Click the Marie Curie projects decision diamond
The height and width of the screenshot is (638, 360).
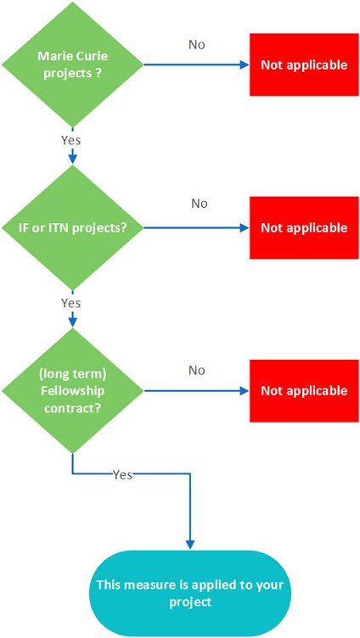tap(72, 64)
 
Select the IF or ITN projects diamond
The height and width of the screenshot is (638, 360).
tap(72, 228)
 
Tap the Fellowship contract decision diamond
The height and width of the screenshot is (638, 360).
tap(72, 390)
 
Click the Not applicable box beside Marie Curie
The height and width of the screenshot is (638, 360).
tap(304, 64)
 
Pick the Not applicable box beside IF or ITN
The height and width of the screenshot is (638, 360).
tap(304, 227)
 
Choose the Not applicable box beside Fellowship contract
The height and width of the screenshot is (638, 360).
tap(304, 390)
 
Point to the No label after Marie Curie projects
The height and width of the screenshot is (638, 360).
tap(197, 45)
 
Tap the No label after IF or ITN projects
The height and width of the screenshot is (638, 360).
tap(200, 203)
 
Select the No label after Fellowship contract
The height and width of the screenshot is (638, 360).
tap(197, 370)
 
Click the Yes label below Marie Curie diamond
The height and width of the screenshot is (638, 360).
tap(70, 140)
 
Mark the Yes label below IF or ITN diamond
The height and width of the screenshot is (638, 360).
tap(70, 303)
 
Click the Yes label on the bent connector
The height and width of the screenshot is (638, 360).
tap(122, 474)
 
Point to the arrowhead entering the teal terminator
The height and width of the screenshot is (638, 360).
tap(190, 546)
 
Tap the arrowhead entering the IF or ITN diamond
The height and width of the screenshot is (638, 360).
tap(72, 159)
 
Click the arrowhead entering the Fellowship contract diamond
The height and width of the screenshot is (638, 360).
tap(72, 322)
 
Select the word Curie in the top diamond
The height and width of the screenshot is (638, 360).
tap(95, 56)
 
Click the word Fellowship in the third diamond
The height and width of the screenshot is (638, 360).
tap(72, 390)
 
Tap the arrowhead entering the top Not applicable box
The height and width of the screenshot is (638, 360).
tap(245, 64)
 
